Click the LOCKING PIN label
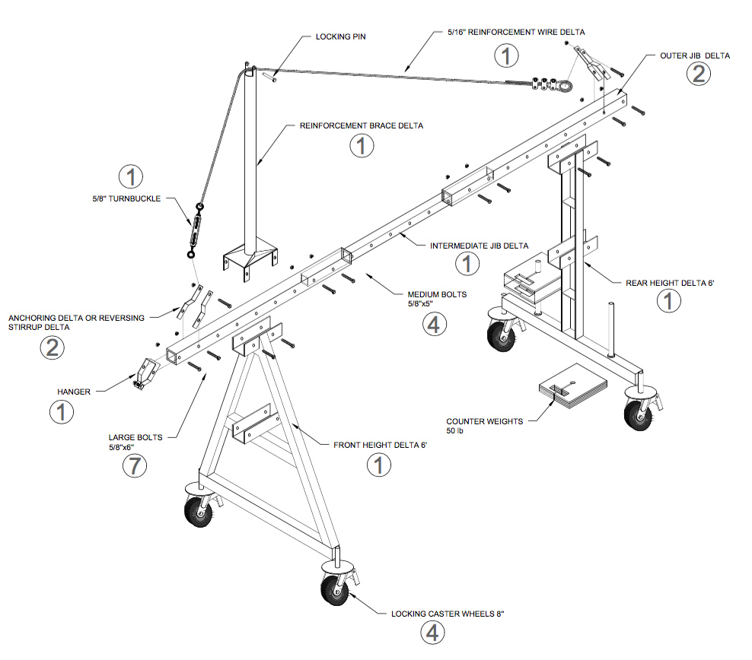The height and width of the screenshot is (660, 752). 339,36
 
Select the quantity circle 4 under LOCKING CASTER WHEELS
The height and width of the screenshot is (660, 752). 432,632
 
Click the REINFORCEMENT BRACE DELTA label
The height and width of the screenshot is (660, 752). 361,125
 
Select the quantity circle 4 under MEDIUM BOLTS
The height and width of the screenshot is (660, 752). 432,323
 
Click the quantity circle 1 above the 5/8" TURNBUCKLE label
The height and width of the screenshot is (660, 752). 131,177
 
